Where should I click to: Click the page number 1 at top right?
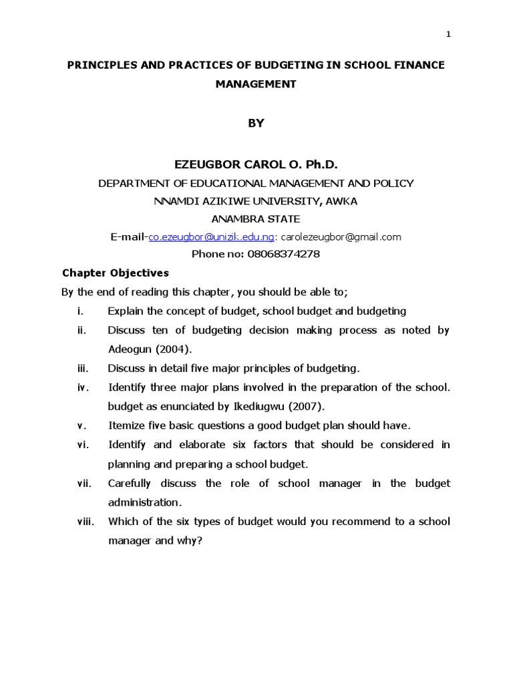coord(448,35)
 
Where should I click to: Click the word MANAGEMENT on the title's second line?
coord(256,84)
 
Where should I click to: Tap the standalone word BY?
coord(256,123)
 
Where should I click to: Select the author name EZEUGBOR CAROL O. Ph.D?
coord(256,164)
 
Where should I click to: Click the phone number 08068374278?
coord(284,254)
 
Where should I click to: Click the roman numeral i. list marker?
coord(80,311)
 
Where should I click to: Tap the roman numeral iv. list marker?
coord(81,387)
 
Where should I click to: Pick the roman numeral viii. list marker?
coord(85,522)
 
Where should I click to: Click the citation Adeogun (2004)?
coord(149,349)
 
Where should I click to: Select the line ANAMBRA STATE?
coord(256,218)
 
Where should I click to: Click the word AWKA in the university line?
coord(342,200)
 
